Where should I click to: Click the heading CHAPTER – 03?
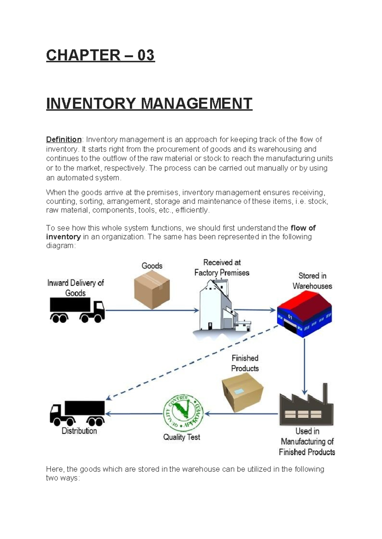(100, 55)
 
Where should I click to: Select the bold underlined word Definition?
(64, 140)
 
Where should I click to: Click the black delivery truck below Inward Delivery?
(77, 310)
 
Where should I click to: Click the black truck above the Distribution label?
(77, 413)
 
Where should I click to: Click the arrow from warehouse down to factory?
(304, 365)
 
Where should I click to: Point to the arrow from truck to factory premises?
(151, 310)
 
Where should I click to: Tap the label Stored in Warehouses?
(312, 281)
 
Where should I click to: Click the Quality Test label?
(181, 437)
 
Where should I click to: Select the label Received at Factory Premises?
(222, 268)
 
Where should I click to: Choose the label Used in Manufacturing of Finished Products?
(307, 442)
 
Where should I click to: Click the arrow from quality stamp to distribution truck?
(134, 414)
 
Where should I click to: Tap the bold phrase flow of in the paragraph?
(303, 228)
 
